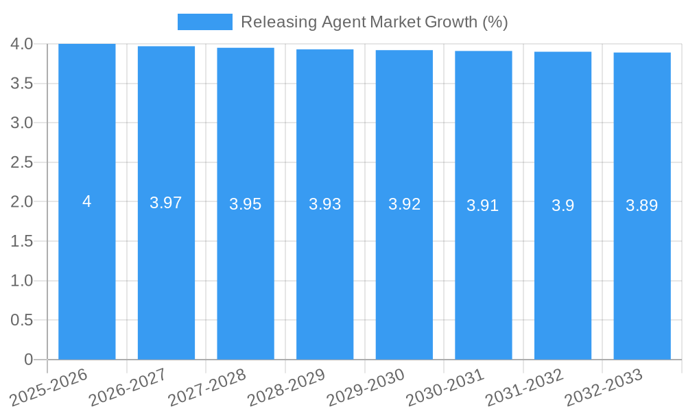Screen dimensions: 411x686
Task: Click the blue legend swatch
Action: pyautogui.click(x=204, y=22)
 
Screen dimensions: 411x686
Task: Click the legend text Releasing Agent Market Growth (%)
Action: pyautogui.click(x=374, y=22)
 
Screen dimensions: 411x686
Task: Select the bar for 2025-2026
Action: pyautogui.click(x=87, y=274)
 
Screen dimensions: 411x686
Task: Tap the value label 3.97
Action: pyautogui.click(x=166, y=203)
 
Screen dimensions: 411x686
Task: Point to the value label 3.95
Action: pyautogui.click(x=246, y=204)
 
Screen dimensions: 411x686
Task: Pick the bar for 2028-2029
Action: pyautogui.click(x=325, y=274)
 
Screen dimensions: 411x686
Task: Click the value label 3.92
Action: pyautogui.click(x=404, y=204)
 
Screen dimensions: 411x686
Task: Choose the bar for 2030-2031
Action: pyautogui.click(x=484, y=274)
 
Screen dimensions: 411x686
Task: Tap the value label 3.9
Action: pyautogui.click(x=563, y=205)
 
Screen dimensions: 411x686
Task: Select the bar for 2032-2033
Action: pyautogui.click(x=642, y=274)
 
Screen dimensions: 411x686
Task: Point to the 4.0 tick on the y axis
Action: pyautogui.click(x=22, y=44)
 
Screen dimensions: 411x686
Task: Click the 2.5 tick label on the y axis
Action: pyautogui.click(x=22, y=162)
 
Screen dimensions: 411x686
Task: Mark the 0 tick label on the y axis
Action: pyautogui.click(x=28, y=360)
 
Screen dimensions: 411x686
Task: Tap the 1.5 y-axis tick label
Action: pyautogui.click(x=22, y=241)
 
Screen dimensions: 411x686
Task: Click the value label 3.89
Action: pyautogui.click(x=642, y=205)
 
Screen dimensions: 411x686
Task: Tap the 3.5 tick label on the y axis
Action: pyautogui.click(x=22, y=84)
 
